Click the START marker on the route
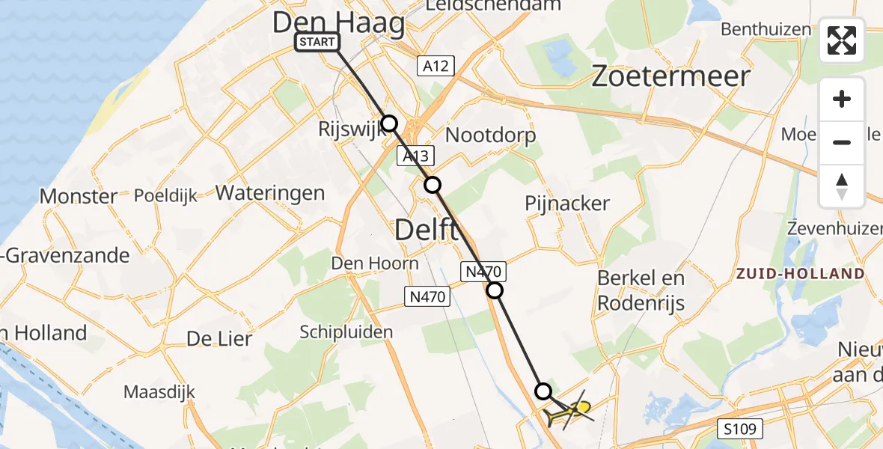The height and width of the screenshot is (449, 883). [x=317, y=42]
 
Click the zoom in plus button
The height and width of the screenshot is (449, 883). [x=842, y=99]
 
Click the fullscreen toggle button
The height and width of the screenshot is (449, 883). [x=842, y=40]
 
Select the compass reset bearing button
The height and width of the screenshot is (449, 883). [x=842, y=186]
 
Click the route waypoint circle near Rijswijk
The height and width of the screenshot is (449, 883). [x=389, y=123]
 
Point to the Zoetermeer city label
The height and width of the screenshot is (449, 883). [x=670, y=76]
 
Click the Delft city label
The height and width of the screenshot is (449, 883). [x=426, y=230]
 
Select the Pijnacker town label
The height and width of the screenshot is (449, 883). [x=567, y=203]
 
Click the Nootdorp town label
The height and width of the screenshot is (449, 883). [x=490, y=135]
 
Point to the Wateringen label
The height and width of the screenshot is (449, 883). [x=270, y=193]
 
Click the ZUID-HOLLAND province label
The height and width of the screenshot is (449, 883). [x=800, y=274]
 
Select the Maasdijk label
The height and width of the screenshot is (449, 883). [x=159, y=391]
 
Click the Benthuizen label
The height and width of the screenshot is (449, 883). [x=766, y=30]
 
